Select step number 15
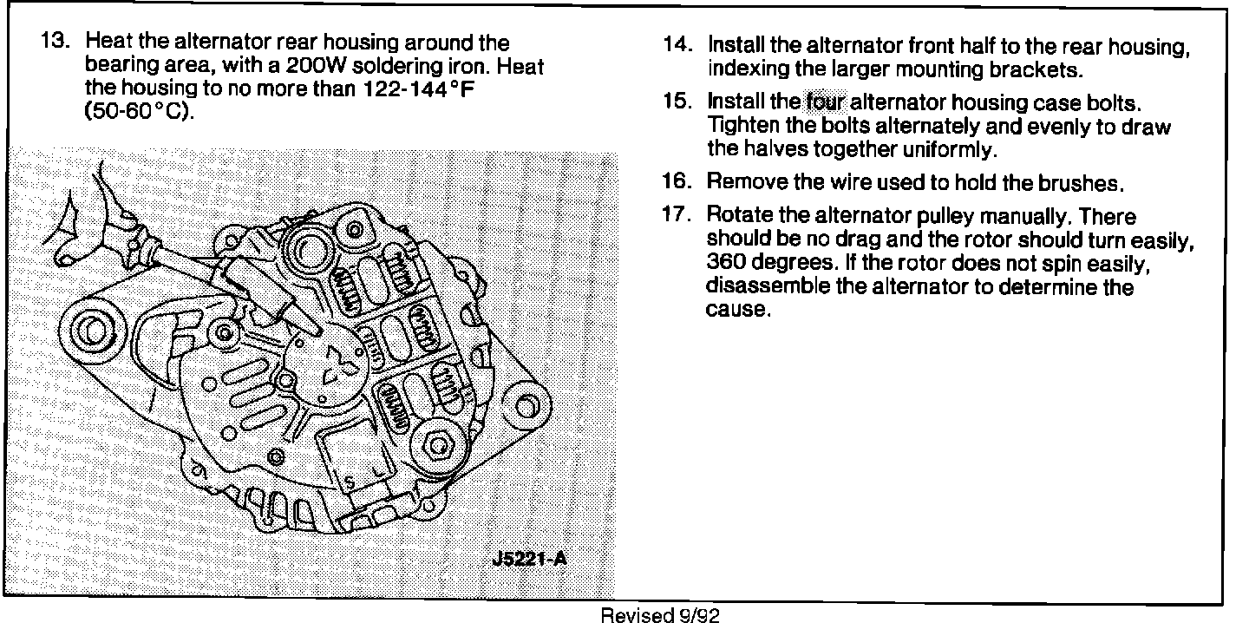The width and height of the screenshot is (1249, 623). pos(677,102)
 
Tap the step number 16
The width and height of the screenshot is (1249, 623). pos(677,183)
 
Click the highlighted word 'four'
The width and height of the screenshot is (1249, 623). pos(825,102)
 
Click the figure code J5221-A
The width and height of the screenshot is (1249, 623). pos(526,558)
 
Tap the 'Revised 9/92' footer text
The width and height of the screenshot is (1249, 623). pos(660,615)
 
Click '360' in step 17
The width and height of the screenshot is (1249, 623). pos(729,263)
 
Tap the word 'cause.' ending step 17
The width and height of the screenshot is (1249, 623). pos(738,310)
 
